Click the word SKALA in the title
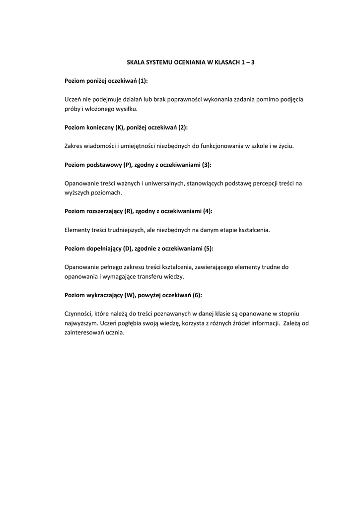point(135,63)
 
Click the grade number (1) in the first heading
point(143,81)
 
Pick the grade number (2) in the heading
point(183,127)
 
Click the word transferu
point(148,276)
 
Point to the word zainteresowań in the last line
point(85,332)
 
